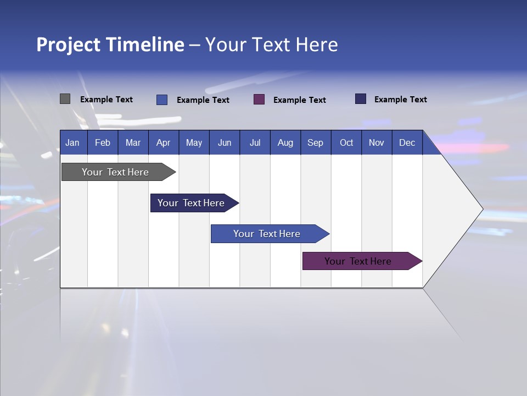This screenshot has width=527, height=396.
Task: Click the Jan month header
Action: (72, 142)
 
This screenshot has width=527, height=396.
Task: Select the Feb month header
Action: (103, 142)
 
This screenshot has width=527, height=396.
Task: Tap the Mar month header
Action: (133, 142)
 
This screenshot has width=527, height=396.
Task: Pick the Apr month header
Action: (163, 142)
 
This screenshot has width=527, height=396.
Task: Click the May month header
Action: (194, 142)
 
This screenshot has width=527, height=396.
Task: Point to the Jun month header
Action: (225, 142)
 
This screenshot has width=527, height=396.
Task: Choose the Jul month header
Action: (255, 142)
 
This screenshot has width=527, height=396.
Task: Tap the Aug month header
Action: (285, 142)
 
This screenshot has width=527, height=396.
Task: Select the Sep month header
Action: (315, 142)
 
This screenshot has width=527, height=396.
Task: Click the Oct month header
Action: (346, 142)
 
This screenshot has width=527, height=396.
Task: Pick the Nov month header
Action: (377, 142)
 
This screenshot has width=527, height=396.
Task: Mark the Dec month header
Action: (407, 142)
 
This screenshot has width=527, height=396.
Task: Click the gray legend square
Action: (65, 99)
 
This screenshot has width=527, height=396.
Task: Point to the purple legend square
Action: (259, 99)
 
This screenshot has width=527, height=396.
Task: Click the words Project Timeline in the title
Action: (110, 45)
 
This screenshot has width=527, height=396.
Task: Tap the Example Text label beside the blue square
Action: (203, 100)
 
